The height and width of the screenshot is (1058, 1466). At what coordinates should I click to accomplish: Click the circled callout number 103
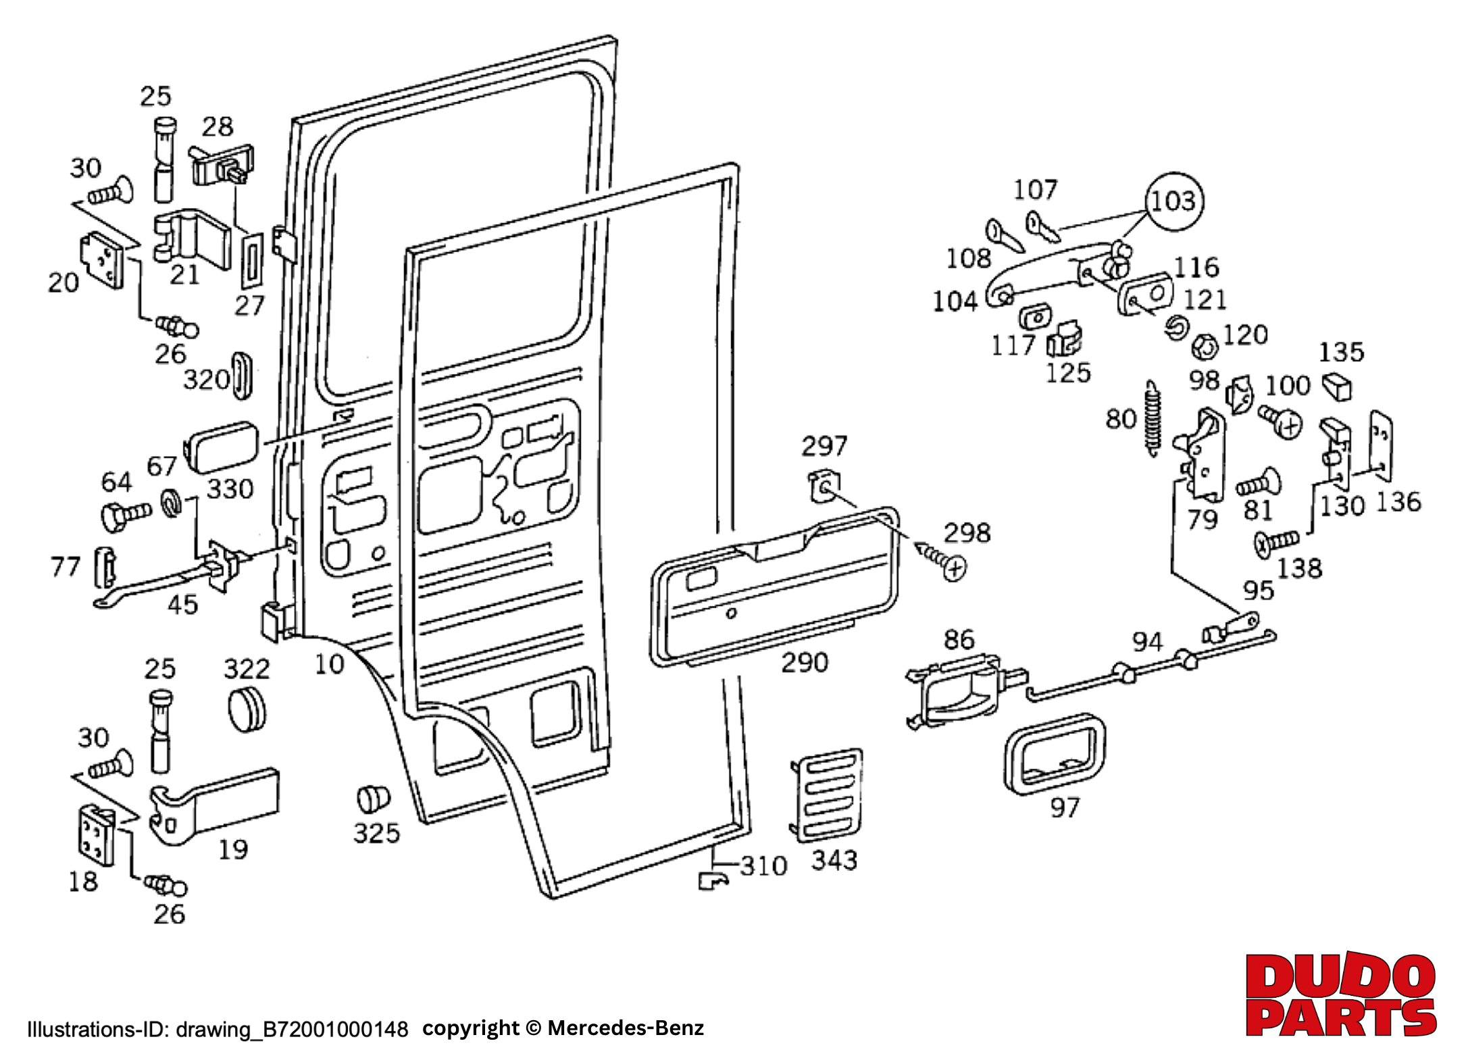point(1174,201)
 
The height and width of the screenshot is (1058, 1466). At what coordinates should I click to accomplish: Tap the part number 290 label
point(804,663)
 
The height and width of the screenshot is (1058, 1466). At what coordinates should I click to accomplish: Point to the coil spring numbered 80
point(1153,419)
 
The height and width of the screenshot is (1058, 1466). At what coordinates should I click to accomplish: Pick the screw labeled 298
point(942,560)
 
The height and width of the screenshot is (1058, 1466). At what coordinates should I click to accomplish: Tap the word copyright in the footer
point(470,1028)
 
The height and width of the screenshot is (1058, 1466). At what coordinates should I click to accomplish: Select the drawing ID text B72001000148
point(335,1029)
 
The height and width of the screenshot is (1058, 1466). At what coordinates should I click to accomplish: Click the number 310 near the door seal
point(763,866)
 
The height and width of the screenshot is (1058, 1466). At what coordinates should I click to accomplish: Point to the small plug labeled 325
point(373,799)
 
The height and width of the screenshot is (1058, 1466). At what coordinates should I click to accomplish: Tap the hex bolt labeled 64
point(125,515)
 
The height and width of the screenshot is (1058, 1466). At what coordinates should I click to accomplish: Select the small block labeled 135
point(1336,386)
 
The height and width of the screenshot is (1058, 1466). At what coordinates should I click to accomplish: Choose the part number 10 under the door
point(329,665)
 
